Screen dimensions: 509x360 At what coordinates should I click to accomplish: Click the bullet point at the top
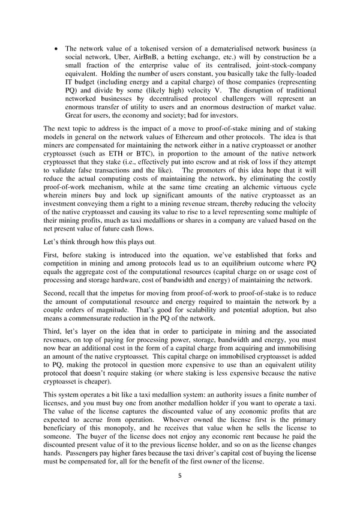tap(56, 48)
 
